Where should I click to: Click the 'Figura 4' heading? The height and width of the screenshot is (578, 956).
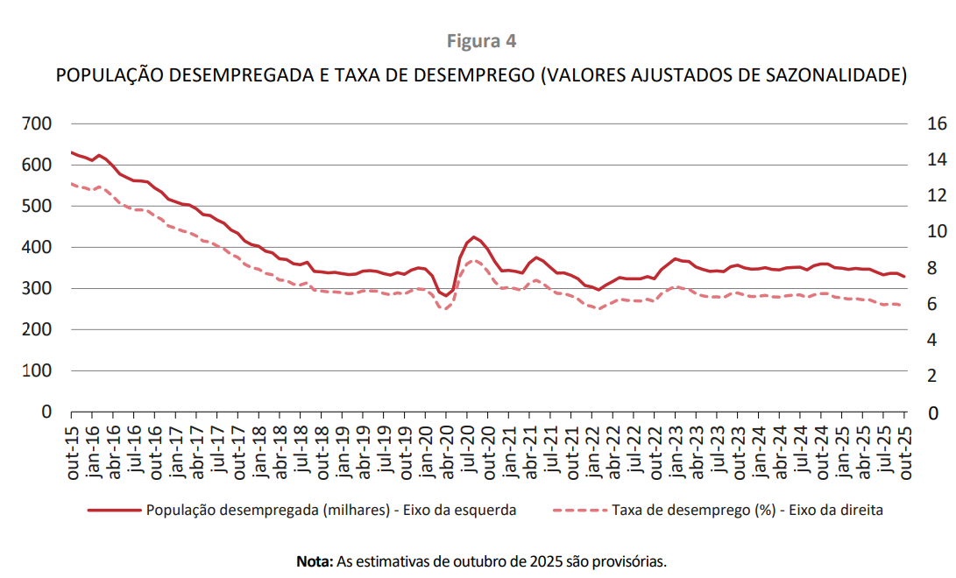[x=482, y=41]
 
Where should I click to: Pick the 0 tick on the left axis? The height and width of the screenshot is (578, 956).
[x=48, y=412]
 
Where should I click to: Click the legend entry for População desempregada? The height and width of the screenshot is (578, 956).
[x=331, y=511]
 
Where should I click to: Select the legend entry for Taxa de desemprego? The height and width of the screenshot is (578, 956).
[x=747, y=511]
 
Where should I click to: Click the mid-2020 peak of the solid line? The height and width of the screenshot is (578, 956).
[x=474, y=237]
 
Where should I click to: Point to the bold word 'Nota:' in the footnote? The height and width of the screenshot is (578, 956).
[x=315, y=560]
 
